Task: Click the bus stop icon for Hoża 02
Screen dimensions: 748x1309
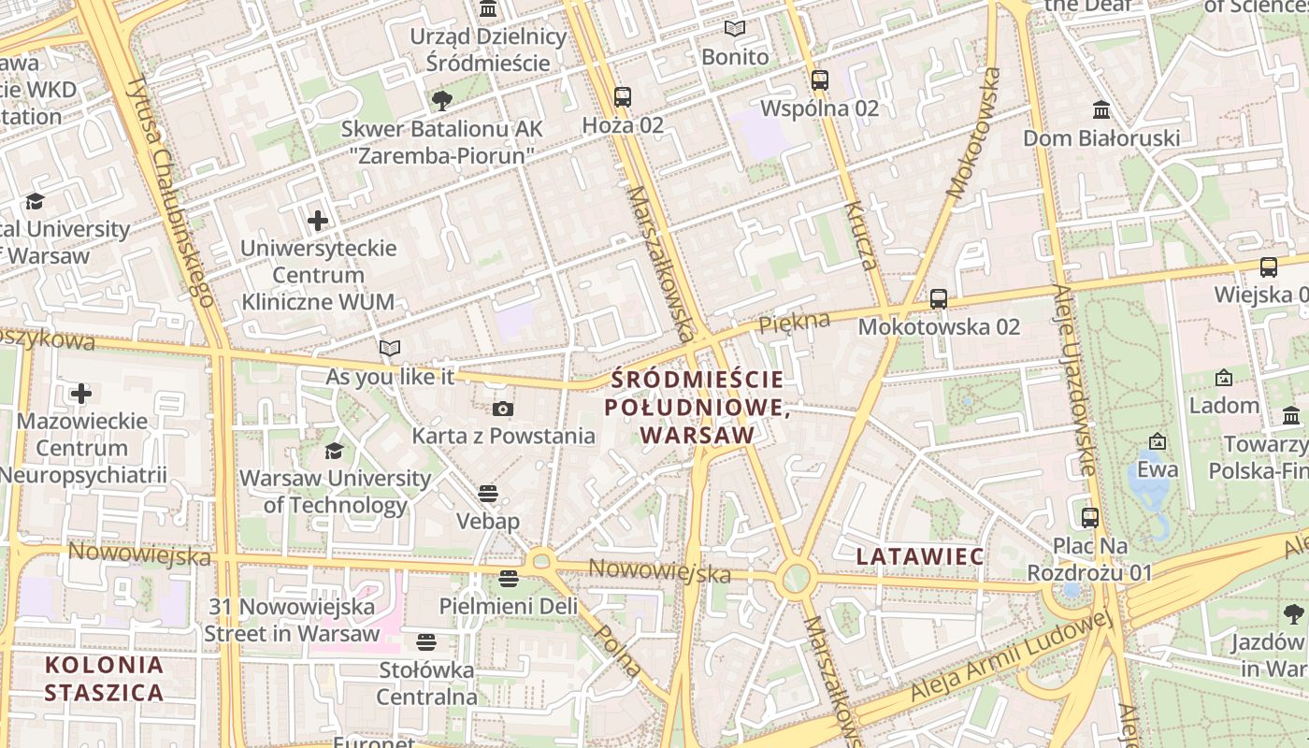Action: [622, 96]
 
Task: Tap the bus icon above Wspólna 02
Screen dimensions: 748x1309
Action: [820, 80]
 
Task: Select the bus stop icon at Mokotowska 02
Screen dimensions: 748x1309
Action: [939, 299]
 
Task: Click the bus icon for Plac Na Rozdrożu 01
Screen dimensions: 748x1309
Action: [1090, 517]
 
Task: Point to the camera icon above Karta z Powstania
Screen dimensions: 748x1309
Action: [503, 409]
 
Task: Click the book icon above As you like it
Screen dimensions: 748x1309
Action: [390, 349]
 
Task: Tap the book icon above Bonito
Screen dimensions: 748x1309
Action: [735, 29]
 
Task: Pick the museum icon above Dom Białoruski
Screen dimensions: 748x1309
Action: [1101, 110]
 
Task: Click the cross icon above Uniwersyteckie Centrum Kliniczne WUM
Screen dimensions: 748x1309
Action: [318, 221]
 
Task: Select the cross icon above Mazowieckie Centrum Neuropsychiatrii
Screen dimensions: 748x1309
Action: [81, 393]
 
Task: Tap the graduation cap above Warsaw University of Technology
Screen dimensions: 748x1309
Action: [334, 452]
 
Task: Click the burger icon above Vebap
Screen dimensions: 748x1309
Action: [488, 493]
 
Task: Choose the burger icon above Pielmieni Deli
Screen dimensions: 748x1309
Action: [509, 578]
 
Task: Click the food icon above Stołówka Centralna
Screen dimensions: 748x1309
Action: [426, 642]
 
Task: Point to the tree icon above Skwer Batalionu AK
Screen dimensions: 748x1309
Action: [441, 100]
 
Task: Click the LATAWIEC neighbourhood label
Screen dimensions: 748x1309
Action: [920, 556]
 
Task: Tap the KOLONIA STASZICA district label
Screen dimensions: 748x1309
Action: [104, 679]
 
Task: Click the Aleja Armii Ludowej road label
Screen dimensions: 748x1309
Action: [1011, 656]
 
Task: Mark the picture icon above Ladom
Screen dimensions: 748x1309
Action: [1223, 378]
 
